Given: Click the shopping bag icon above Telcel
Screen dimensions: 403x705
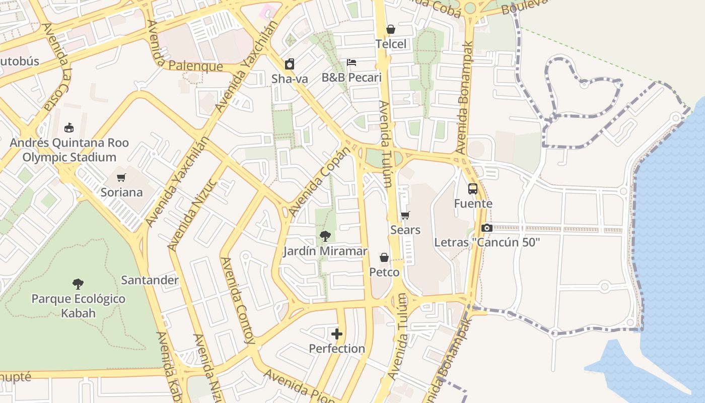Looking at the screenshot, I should click(390, 30).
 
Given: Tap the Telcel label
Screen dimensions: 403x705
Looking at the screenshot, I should click(391, 44).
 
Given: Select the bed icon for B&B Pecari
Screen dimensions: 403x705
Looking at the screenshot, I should click(351, 62).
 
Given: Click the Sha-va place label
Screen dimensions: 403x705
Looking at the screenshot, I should click(290, 79).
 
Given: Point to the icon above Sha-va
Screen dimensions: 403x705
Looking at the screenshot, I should click(290, 64).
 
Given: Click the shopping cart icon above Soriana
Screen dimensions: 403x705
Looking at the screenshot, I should click(121, 177).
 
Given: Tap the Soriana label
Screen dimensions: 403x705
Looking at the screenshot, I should click(121, 192).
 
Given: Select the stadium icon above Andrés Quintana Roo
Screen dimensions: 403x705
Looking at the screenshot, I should click(69, 128).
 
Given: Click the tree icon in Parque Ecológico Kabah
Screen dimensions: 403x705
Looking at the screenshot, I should click(78, 284).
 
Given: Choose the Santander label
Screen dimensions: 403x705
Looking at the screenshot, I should click(150, 280).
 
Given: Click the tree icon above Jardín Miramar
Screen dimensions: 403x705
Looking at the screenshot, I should click(325, 236).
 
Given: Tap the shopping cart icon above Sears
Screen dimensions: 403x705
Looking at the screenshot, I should click(405, 216).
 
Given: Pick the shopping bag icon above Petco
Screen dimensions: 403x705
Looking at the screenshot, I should click(384, 258).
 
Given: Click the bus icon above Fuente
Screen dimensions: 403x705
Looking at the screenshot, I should click(473, 189).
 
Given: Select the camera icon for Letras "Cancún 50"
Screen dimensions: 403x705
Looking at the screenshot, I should click(486, 228).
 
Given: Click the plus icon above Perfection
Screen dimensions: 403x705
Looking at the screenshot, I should click(337, 333).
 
